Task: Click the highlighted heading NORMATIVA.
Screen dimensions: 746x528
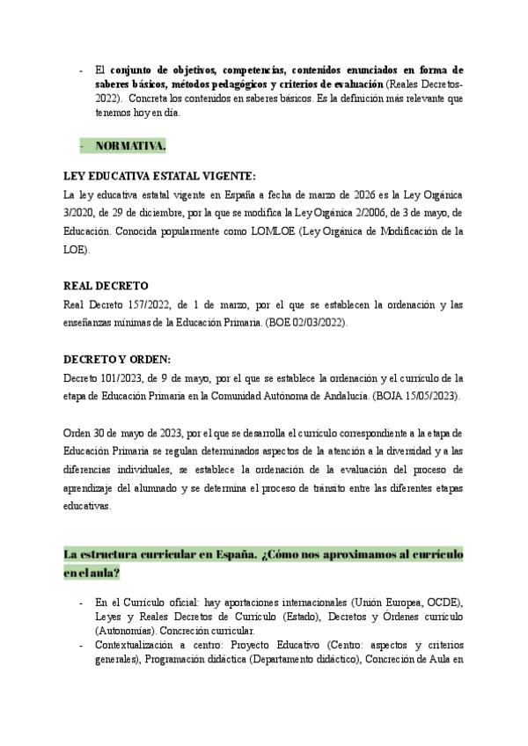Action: pos(129,144)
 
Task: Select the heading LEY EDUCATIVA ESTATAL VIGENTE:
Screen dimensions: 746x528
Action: pos(160,176)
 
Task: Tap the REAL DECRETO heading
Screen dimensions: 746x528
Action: pos(106,286)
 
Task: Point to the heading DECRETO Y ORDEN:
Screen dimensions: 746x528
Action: pos(118,360)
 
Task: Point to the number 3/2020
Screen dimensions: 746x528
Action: pos(84,213)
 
